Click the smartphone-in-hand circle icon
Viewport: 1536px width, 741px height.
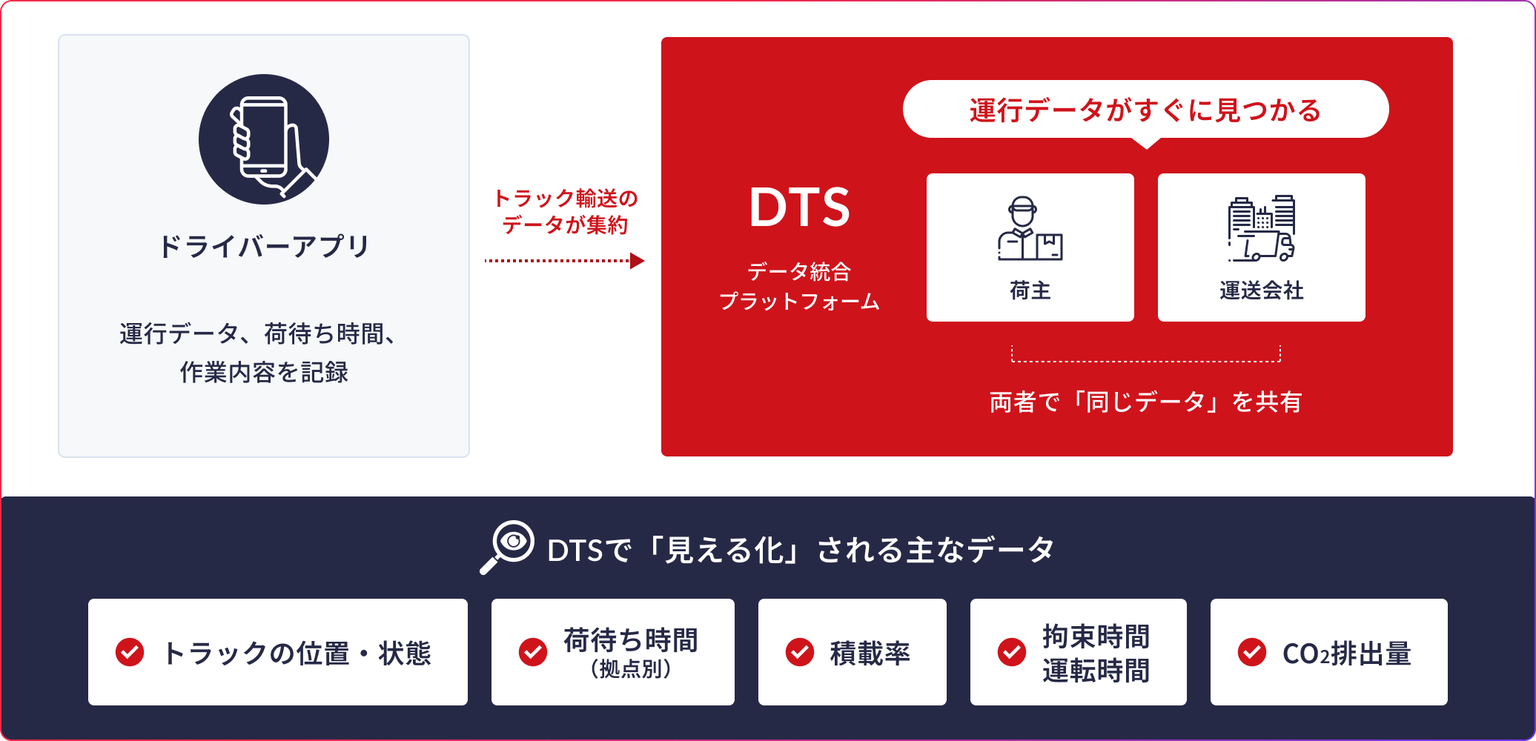pos(264,139)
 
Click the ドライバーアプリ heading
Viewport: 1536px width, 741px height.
pos(264,247)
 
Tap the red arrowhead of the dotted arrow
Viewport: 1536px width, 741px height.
pos(637,261)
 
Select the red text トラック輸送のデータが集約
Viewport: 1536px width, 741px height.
pos(565,212)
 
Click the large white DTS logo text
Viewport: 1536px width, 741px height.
pos(799,207)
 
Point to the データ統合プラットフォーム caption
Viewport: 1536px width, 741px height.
pos(799,287)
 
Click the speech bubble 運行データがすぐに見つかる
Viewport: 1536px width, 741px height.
pos(1145,110)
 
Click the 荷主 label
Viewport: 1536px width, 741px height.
pos(1030,290)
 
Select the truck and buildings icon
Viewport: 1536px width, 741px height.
pos(1261,228)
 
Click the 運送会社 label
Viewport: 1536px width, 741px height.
pos(1261,290)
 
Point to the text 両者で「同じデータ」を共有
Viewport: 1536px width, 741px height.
pos(1145,402)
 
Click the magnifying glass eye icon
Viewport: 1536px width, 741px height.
pos(508,547)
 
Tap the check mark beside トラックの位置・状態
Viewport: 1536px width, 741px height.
pos(130,652)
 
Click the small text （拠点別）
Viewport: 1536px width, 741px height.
pos(631,669)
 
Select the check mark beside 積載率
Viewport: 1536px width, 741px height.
pos(800,652)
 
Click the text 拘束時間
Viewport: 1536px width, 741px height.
pos(1096,637)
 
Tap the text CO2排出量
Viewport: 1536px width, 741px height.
pos(1346,654)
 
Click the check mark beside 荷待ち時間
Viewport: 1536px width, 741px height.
pos(533,652)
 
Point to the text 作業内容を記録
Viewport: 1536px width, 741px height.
pos(264,372)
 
